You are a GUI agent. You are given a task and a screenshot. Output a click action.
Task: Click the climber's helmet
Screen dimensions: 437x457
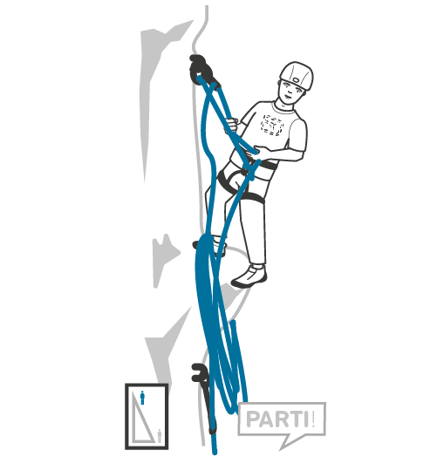click(x=297, y=74)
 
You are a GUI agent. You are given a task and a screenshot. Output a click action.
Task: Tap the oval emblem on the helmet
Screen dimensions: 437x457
click(x=296, y=79)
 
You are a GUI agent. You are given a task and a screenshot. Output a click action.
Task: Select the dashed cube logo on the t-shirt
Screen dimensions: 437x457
click(x=272, y=125)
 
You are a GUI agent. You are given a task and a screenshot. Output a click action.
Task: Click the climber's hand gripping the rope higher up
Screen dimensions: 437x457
click(x=232, y=124)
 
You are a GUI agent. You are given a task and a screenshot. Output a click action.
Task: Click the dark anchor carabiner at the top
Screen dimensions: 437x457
click(x=201, y=70)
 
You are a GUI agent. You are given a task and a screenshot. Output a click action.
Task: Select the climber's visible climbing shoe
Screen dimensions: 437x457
click(x=249, y=276)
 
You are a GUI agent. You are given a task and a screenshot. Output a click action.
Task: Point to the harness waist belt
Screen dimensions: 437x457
click(x=263, y=165)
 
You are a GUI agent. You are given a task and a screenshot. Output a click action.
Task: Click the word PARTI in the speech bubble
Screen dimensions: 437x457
click(x=277, y=419)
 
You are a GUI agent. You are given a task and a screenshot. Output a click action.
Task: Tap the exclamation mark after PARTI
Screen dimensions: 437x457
click(x=313, y=419)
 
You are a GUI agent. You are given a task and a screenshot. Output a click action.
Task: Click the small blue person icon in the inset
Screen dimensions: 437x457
click(x=142, y=398)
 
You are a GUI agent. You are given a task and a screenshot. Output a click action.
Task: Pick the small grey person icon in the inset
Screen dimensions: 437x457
click(x=159, y=436)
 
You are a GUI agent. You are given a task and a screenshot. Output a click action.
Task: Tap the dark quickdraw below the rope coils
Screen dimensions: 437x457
click(x=204, y=393)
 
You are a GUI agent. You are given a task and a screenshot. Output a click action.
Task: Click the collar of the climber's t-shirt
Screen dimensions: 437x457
click(x=283, y=108)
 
